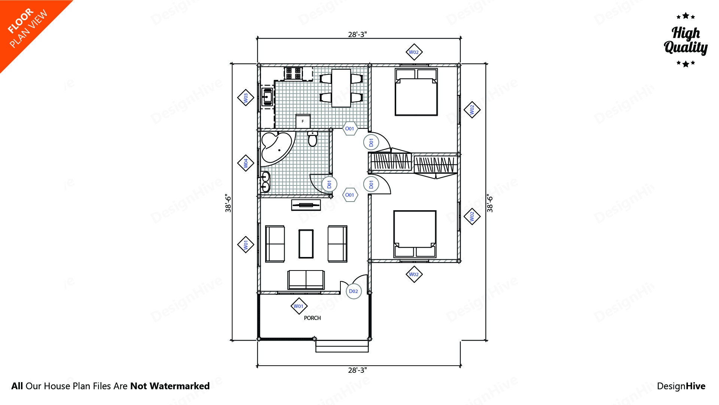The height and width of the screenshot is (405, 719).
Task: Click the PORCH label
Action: point(312,318)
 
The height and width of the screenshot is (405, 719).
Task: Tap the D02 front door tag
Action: point(354,291)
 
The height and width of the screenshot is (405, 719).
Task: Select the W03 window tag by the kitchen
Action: point(246,98)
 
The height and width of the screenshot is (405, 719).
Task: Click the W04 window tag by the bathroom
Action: point(246,163)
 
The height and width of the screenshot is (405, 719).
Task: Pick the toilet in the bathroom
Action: point(312,139)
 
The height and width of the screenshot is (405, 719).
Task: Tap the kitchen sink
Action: point(267,97)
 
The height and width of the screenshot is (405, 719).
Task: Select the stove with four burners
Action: point(293,73)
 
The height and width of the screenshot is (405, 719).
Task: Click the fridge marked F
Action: point(303,121)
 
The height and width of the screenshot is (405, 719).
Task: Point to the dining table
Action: point(341,88)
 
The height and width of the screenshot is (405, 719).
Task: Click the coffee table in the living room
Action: point(306,244)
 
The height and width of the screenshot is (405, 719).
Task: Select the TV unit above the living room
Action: point(306,205)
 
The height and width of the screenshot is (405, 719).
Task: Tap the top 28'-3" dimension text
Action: point(357,34)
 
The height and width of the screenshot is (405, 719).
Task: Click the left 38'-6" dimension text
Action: point(228,203)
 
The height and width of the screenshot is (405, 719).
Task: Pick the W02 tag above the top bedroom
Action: point(414,52)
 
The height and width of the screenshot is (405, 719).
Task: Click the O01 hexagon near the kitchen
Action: point(350,129)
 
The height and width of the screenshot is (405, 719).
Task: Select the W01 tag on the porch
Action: point(298,306)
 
